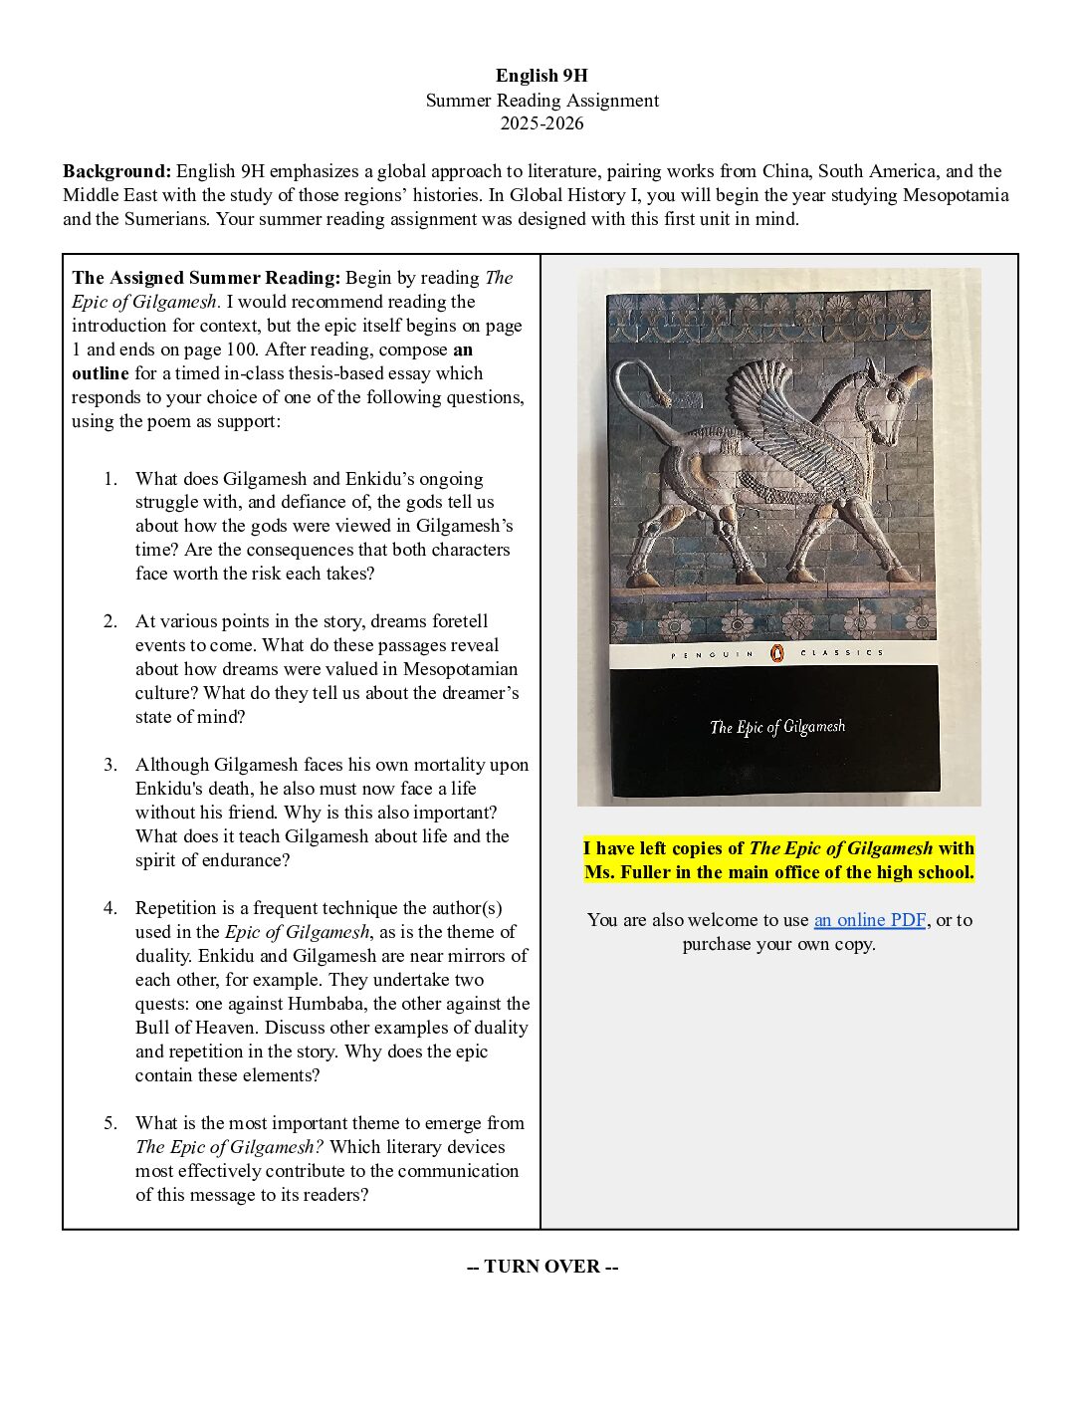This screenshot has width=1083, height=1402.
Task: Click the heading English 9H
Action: tap(541, 76)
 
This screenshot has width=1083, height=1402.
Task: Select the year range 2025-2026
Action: tap(541, 123)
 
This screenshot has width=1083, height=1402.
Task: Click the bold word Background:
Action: tap(116, 171)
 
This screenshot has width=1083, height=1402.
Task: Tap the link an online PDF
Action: tap(869, 920)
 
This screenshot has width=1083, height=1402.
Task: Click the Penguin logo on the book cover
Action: tap(777, 652)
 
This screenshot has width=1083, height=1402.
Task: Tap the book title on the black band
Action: tap(777, 727)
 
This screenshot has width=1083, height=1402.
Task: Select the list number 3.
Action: tap(110, 765)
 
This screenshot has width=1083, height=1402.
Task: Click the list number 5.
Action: tap(110, 1123)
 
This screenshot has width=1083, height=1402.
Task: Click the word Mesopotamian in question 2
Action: tap(461, 669)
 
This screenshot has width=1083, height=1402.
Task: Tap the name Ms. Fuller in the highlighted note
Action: tap(629, 872)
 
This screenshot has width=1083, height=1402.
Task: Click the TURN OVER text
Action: tap(542, 1267)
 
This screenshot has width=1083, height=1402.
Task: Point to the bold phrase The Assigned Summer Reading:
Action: tap(206, 278)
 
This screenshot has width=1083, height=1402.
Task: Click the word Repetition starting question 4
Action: tap(180, 908)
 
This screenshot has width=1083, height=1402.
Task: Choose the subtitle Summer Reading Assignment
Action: tap(541, 101)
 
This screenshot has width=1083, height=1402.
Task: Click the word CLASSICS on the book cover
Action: tap(841, 652)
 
